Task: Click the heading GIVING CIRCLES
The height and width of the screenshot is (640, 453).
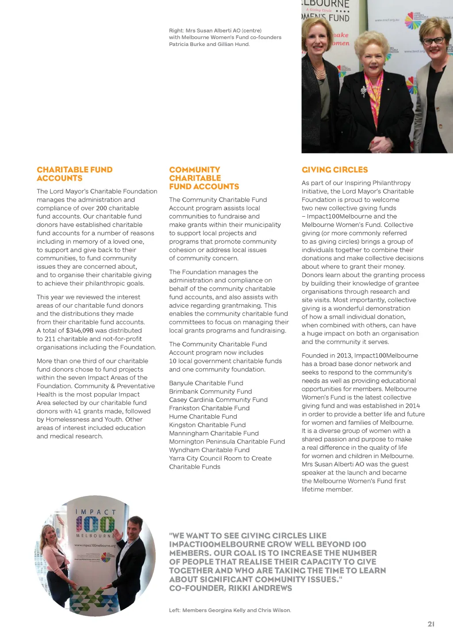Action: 334,170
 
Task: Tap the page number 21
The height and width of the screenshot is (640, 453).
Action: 431,624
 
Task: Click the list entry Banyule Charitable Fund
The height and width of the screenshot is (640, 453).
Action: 206,383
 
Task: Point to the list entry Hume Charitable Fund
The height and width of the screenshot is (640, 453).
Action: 203,417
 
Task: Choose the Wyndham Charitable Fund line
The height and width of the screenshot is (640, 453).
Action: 209,450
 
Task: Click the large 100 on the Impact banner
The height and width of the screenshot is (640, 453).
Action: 95,525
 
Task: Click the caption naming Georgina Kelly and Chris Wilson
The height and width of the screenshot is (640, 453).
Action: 230,610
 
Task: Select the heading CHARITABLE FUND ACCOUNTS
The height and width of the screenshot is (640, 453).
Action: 74,174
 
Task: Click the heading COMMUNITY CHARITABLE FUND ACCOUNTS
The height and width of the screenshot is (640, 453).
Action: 203,178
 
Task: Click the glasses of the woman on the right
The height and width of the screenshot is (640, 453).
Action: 433,41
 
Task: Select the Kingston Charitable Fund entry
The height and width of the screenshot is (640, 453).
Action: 207,425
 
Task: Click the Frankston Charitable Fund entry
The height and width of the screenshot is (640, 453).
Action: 209,408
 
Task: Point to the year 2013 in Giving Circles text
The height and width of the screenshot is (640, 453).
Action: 344,356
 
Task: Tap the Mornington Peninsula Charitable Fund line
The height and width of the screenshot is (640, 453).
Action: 226,441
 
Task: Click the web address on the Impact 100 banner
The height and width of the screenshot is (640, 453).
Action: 95,545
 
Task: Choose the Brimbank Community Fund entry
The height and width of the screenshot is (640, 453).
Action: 210,391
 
